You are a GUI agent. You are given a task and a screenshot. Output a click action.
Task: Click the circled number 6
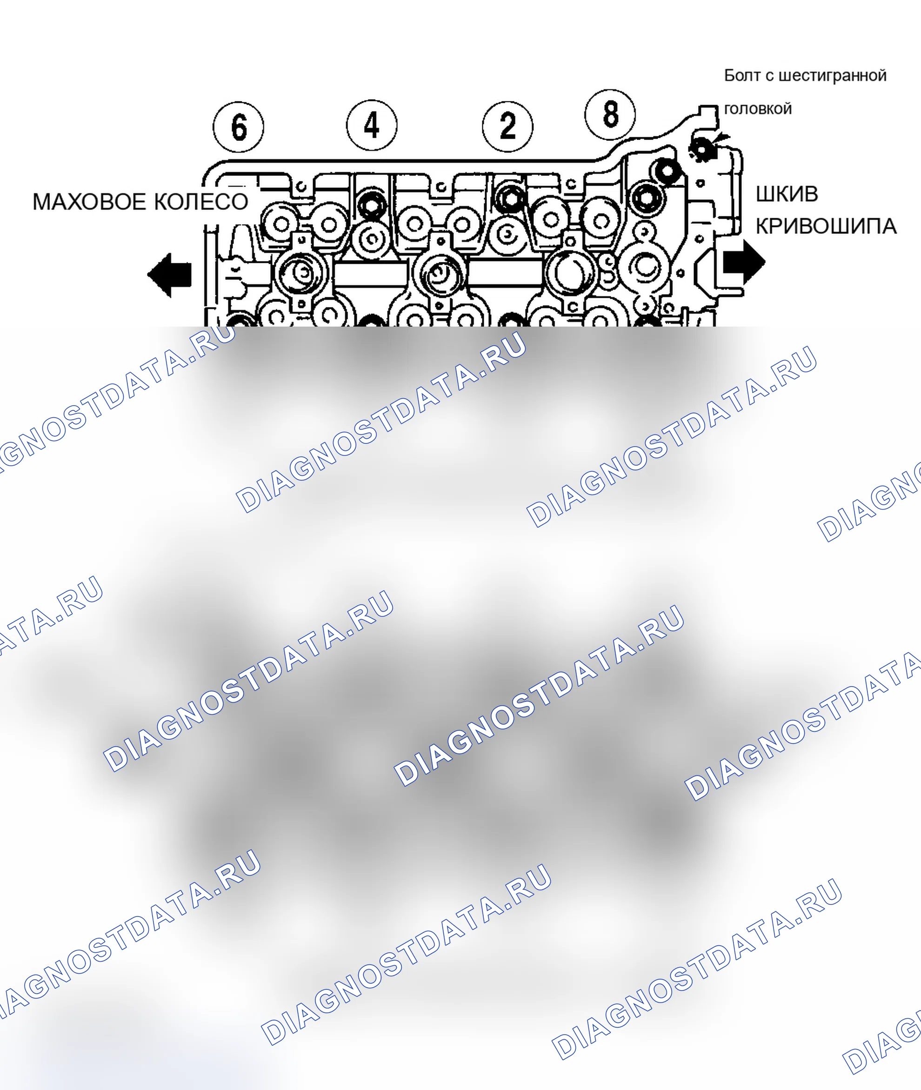pos(239,127)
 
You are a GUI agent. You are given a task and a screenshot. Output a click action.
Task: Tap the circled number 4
pos(372,125)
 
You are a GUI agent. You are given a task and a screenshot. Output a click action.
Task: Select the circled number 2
pos(507,127)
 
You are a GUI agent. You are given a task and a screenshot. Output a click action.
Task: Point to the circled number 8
pos(610,114)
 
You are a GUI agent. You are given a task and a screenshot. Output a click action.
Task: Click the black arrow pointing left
pos(170,275)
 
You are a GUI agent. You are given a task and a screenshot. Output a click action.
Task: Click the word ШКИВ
pos(787,194)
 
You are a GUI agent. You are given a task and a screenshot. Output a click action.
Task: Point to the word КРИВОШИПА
pos(827,227)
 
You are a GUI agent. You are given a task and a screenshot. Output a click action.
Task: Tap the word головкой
pos(758,109)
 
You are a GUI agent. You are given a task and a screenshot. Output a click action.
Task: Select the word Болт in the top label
pos(743,76)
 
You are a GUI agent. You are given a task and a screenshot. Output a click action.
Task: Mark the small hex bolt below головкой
pos(702,149)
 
